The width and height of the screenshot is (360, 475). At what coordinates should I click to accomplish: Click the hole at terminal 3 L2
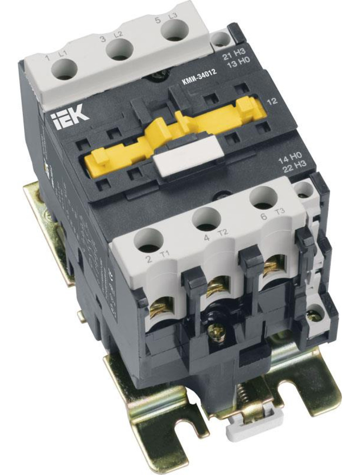[119, 50]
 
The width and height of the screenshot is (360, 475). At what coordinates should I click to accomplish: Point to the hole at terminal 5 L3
[174, 31]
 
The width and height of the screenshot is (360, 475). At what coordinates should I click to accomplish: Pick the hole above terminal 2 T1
[148, 240]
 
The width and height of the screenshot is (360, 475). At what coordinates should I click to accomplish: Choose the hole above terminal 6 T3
[263, 197]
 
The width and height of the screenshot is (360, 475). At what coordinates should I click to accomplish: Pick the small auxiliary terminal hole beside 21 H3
[221, 40]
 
